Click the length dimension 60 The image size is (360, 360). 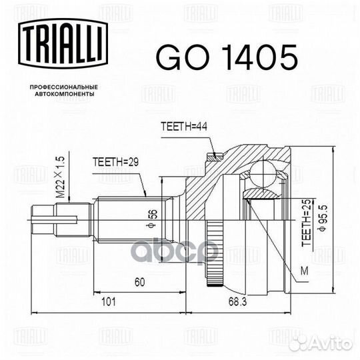pos(139,283)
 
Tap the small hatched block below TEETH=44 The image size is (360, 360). pos(214,157)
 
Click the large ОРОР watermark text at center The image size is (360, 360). pos(180,250)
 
